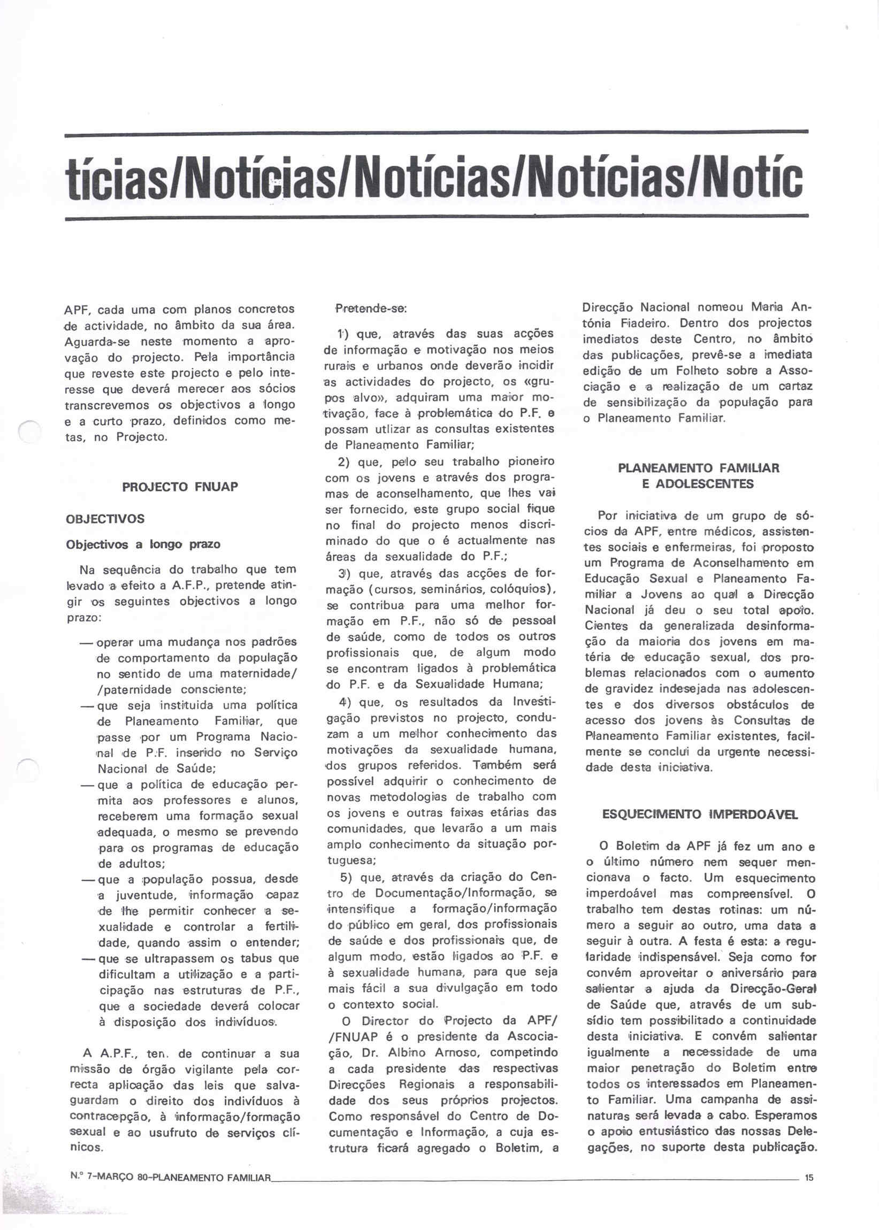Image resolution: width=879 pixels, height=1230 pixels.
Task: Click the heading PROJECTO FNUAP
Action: click(x=180, y=486)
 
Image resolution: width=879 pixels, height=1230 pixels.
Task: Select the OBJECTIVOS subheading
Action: click(x=105, y=519)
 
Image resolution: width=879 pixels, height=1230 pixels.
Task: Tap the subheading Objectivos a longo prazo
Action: click(x=143, y=544)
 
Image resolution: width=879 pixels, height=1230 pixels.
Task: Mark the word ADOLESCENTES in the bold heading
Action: click(x=698, y=483)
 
